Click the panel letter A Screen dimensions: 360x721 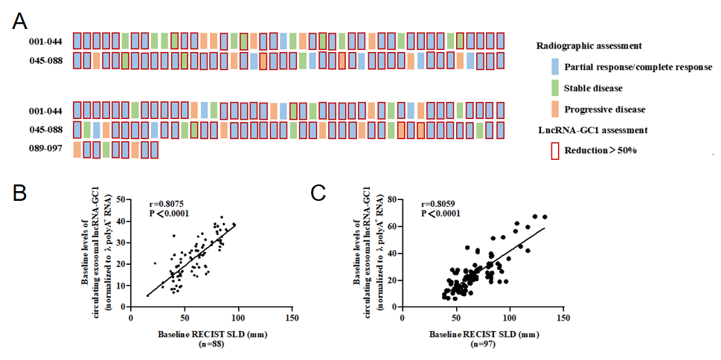coord(22,20)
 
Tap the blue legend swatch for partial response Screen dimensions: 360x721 coord(554,67)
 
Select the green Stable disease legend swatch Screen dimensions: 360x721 coord(554,89)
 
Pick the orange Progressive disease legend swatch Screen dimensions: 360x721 coord(554,109)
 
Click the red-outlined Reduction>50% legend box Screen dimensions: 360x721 coord(554,151)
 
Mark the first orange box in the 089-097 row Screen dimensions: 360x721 coord(77,150)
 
